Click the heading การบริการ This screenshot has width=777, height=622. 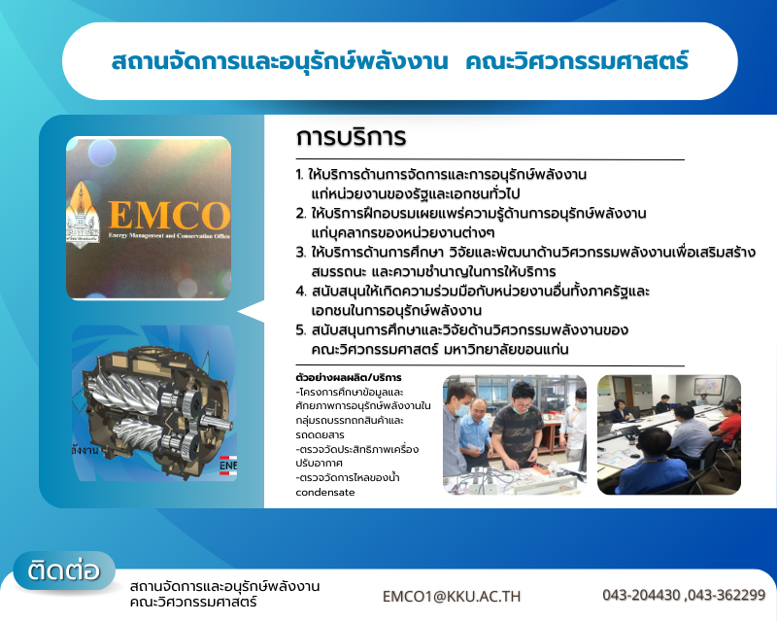pos(351,134)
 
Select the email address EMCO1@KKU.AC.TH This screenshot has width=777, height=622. pos(452,595)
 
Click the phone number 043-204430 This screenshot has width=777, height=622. pos(641,595)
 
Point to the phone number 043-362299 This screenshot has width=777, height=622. pos(727,595)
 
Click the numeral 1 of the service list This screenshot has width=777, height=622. pos(299,175)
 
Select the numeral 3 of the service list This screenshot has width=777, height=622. pos(300,253)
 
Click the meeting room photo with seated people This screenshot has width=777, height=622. pos(669,433)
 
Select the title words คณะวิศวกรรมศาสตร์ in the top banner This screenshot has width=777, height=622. pos(577,61)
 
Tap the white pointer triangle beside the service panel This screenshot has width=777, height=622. pos(252,311)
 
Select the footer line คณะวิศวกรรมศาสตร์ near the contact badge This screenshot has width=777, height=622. pos(192,603)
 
